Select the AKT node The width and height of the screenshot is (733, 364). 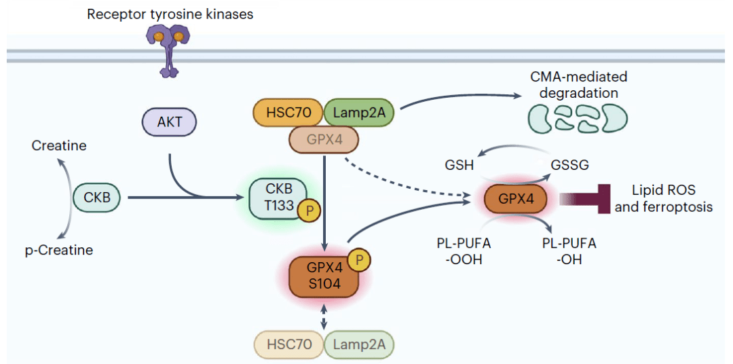coord(169,124)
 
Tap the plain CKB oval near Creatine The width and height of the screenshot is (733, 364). coord(97,198)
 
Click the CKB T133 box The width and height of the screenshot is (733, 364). coord(279,198)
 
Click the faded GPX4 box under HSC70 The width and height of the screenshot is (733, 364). coord(324,139)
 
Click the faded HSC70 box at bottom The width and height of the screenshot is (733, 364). coord(289,344)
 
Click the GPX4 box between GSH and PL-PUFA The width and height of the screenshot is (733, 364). coord(516,198)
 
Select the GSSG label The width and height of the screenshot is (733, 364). coord(569,166)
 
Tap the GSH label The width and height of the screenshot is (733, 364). coord(459,166)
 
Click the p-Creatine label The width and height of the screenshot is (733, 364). coord(59,250)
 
